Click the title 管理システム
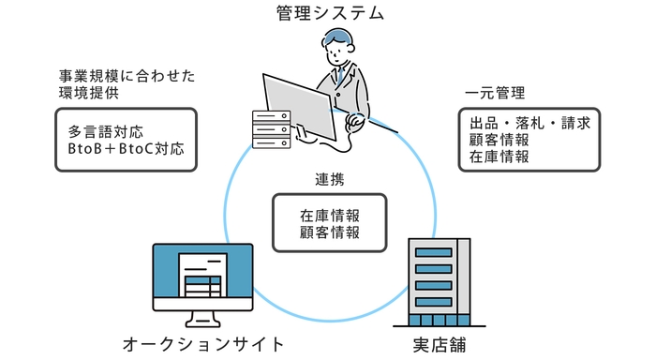(x=330, y=13)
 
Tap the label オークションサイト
(x=203, y=344)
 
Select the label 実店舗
(x=439, y=344)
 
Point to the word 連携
(x=330, y=178)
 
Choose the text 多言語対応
(x=106, y=130)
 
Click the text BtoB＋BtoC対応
(x=127, y=148)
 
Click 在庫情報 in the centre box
(x=330, y=215)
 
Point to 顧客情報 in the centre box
(x=330, y=232)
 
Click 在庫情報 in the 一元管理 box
(x=496, y=157)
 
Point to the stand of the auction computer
(x=202, y=314)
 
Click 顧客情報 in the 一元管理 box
(x=496, y=140)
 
